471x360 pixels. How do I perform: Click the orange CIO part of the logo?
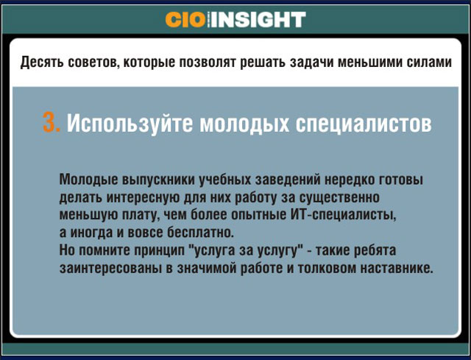185,20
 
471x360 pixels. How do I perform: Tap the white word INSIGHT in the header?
258,20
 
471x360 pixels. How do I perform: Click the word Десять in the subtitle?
42,62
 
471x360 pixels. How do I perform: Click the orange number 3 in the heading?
51,123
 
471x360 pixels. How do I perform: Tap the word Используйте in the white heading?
130,123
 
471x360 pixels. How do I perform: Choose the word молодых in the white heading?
244,123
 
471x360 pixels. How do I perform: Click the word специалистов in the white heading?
364,123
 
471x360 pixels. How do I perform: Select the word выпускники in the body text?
159,180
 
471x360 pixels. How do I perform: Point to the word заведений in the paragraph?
288,180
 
